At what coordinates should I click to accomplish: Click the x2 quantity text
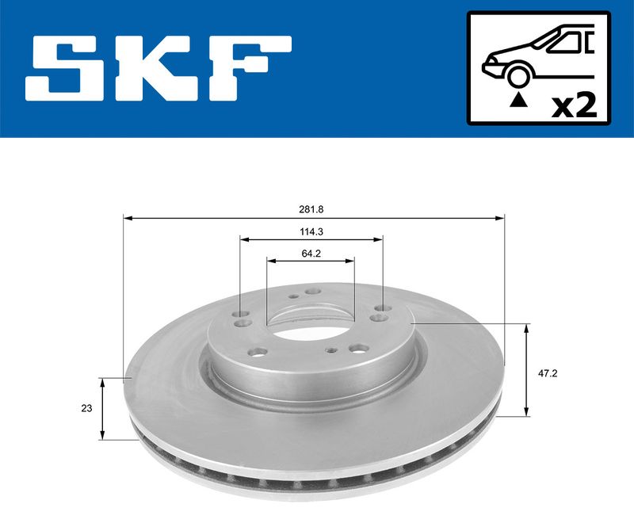click(x=574, y=104)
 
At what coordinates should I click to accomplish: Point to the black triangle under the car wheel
click(x=518, y=100)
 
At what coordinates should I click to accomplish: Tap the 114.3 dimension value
click(x=311, y=231)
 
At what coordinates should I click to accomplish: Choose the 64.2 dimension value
click(x=311, y=254)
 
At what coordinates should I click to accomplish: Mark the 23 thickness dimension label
click(x=86, y=409)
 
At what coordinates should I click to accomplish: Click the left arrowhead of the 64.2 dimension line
click(x=270, y=261)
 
